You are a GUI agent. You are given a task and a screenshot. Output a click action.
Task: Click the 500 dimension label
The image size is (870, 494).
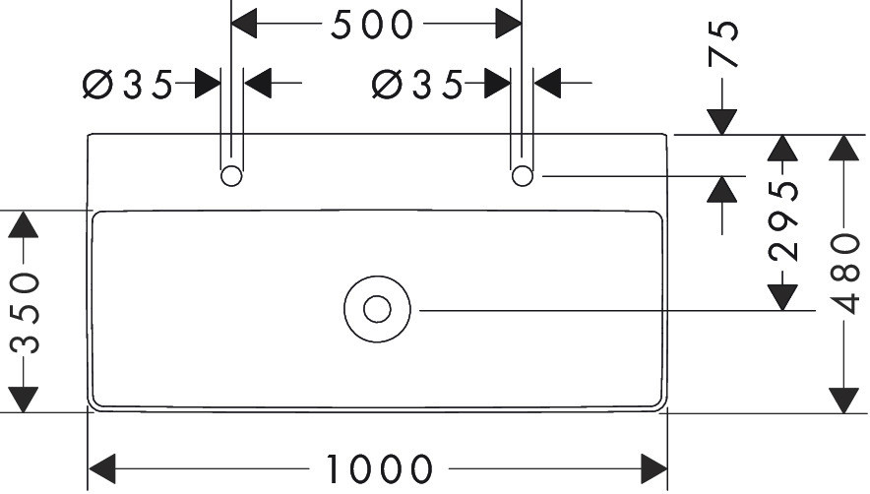(371, 26)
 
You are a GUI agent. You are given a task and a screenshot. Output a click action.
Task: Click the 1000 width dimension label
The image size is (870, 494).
(379, 469)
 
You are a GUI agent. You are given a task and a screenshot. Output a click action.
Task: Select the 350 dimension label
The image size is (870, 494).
(24, 312)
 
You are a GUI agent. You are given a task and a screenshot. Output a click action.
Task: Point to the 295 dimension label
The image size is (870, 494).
(782, 221)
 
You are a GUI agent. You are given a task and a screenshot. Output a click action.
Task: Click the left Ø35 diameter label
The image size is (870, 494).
(128, 86)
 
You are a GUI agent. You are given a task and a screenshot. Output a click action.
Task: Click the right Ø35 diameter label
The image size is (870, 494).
(417, 86)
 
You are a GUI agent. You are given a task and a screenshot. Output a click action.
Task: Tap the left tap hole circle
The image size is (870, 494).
(231, 176)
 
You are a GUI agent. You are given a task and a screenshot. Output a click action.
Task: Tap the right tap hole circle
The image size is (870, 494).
(522, 176)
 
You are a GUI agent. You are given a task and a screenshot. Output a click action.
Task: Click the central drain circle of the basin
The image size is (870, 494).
(377, 309)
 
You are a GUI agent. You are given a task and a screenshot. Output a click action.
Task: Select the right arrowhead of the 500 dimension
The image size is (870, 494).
(509, 24)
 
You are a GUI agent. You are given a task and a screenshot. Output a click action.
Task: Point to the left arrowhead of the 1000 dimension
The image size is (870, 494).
(103, 467)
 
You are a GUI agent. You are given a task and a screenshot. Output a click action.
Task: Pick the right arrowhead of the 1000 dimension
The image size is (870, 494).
(655, 467)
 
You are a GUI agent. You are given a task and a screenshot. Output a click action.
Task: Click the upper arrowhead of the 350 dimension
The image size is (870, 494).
(24, 224)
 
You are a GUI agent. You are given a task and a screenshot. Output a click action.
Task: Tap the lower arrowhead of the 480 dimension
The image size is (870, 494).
(842, 400)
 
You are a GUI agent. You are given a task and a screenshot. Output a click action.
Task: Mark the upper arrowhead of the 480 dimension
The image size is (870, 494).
(842, 148)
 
